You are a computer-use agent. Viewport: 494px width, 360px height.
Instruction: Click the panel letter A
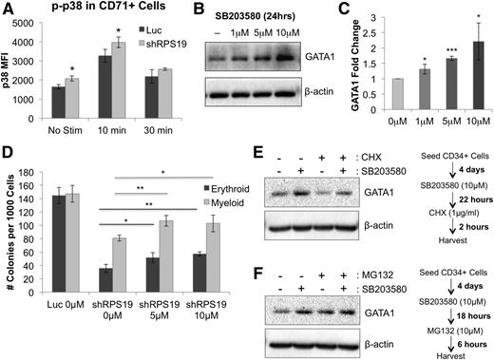(7, 9)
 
